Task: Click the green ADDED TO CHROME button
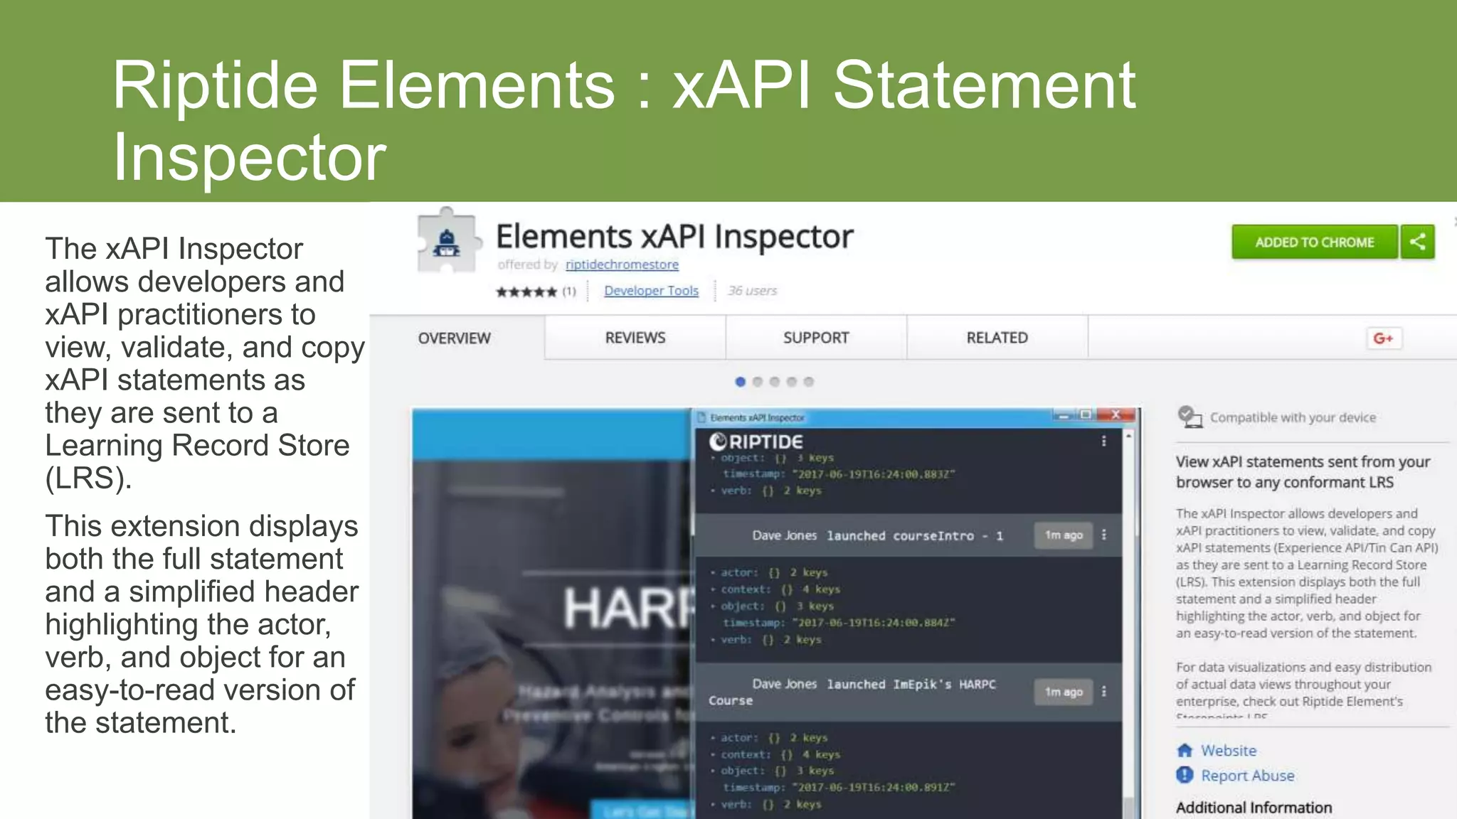click(x=1314, y=242)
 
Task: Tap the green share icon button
click(x=1417, y=242)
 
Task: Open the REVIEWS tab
click(x=635, y=338)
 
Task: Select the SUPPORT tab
click(x=816, y=338)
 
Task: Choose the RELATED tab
click(x=997, y=338)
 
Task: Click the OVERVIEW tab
click(x=455, y=338)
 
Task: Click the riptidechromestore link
click(x=622, y=264)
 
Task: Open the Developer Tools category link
click(x=651, y=291)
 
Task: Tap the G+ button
click(x=1383, y=338)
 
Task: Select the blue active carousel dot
click(x=740, y=382)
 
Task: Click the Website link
click(x=1229, y=751)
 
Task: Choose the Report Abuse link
click(x=1247, y=776)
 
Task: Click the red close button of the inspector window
click(x=1116, y=414)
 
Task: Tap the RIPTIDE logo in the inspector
click(x=756, y=441)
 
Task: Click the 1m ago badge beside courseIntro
click(x=1063, y=535)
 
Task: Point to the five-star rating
click(x=526, y=291)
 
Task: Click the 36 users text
click(x=752, y=291)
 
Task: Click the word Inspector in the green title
click(x=250, y=157)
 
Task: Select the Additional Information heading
click(x=1254, y=808)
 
